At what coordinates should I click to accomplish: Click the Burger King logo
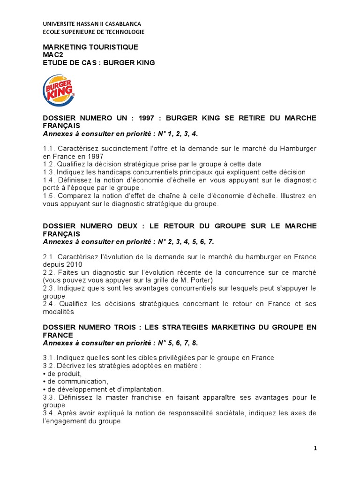[x=59, y=90]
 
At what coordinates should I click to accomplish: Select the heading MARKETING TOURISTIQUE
[x=90, y=47]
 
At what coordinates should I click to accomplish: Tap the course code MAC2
[x=52, y=55]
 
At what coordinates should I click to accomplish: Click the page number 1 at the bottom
[x=315, y=448]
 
